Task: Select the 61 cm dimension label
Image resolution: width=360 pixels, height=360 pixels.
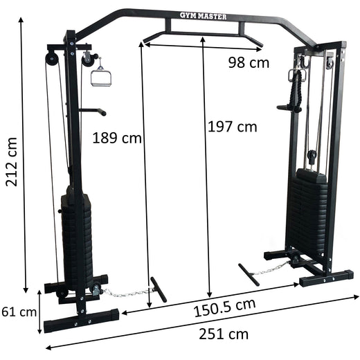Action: click(19, 312)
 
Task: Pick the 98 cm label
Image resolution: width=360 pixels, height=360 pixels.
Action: click(249, 63)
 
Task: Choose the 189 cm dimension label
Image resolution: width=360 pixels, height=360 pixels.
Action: click(116, 138)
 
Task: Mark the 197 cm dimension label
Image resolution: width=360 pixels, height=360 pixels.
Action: click(232, 127)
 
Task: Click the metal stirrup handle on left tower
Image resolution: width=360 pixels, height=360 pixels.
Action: click(101, 75)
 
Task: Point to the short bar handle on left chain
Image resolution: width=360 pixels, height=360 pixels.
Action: click(158, 289)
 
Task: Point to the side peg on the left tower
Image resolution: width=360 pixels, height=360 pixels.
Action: click(92, 111)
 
